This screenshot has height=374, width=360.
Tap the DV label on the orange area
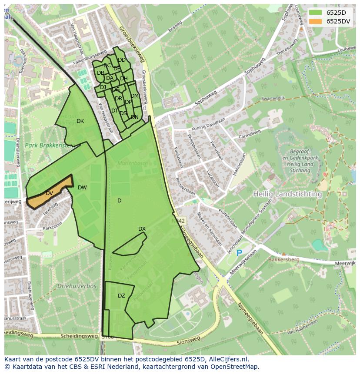(49, 193)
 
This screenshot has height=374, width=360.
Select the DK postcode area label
(80, 121)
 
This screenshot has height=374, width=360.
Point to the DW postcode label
(82, 188)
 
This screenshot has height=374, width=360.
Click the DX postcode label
(142, 229)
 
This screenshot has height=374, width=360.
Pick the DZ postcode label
(121, 296)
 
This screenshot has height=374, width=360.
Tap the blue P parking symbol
(239, 252)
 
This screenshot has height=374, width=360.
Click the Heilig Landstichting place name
(288, 194)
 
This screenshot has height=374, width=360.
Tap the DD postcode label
(122, 60)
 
